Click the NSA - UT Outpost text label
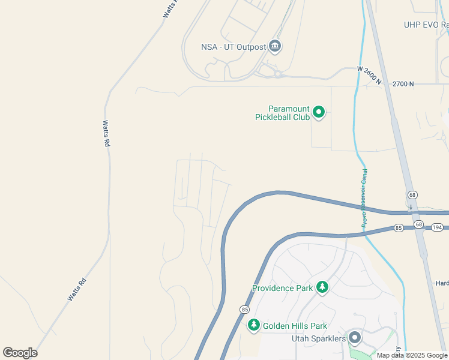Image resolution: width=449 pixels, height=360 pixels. point(233,47)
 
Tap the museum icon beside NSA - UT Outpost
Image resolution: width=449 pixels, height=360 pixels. point(276,46)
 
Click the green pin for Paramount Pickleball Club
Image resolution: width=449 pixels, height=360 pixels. point(319,112)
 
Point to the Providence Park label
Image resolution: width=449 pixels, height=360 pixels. point(282,288)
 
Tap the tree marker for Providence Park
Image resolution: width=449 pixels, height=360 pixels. point(323,287)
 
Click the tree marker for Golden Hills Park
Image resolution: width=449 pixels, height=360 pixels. point(254,325)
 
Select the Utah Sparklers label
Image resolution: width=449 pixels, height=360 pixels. point(319,338)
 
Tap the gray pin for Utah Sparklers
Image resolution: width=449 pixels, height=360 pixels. point(355,338)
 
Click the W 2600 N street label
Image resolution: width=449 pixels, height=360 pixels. point(369,77)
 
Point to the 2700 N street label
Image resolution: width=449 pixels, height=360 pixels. point(403,84)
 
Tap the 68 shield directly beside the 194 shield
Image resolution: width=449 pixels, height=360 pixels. point(418,225)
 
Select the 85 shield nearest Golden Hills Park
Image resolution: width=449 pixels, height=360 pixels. point(244,309)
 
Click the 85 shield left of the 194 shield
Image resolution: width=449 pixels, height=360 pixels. point(398,228)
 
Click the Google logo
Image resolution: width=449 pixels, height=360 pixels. point(20,352)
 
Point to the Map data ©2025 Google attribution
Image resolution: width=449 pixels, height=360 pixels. point(412,355)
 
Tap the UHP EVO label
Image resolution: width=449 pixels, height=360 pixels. point(426,25)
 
